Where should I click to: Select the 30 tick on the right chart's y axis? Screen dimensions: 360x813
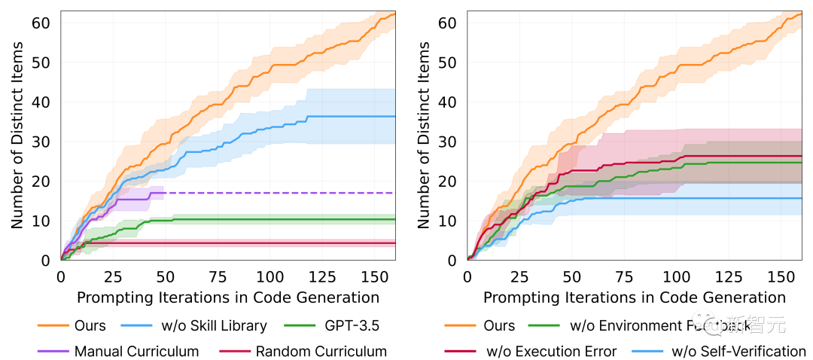tap(446, 142)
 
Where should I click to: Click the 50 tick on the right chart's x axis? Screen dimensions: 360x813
tap(571, 277)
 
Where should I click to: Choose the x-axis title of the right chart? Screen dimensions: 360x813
tap(634, 297)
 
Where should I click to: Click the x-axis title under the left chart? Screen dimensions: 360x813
tap(227, 297)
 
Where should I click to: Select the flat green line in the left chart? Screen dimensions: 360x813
tap(286, 219)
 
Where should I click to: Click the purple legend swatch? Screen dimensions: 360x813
tap(53, 350)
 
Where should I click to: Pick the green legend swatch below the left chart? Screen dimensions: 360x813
tap(300, 325)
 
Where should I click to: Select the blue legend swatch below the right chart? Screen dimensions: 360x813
tap(647, 350)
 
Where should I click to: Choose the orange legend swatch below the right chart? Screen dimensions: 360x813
tap(460, 325)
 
